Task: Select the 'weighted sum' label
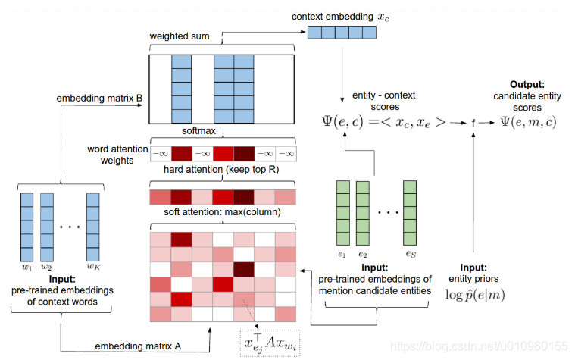pos(180,36)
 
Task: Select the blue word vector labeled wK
pos(93,226)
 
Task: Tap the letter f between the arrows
pos(473,121)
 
